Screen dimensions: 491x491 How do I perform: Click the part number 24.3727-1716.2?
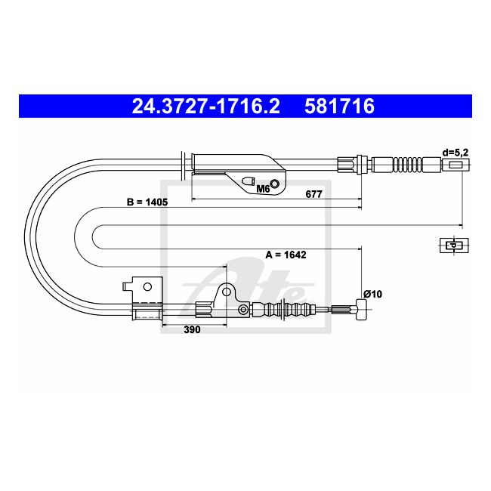tap(205, 107)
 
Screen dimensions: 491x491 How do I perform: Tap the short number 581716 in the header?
tap(339, 107)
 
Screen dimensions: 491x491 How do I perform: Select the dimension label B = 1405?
tap(147, 202)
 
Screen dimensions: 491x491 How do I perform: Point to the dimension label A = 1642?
tap(286, 255)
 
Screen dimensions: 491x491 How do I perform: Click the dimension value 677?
tap(313, 194)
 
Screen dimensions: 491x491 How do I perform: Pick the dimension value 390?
tap(192, 329)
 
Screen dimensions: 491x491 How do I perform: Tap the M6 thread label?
tap(263, 189)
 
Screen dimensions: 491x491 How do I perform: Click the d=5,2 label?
tap(455, 153)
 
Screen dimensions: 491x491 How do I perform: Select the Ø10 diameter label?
tap(372, 294)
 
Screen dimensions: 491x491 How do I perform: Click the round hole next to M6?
tap(275, 184)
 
